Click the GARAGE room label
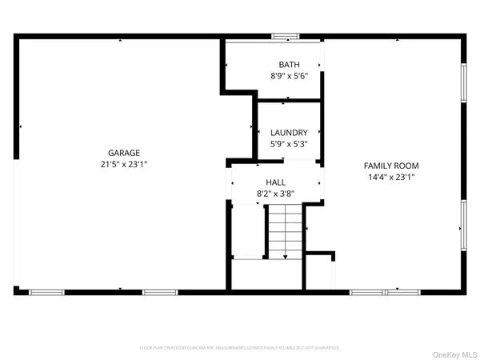click(124, 153)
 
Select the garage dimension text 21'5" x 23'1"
click(124, 164)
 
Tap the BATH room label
click(288, 65)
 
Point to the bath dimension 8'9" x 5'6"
click(288, 76)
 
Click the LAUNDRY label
click(288, 133)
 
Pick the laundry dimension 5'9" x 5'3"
click(288, 144)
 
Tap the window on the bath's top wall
click(284, 36)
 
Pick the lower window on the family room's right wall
click(463, 226)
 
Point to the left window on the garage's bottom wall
click(46, 292)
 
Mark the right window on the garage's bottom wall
click(160, 292)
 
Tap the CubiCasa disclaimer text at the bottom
click(239, 348)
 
